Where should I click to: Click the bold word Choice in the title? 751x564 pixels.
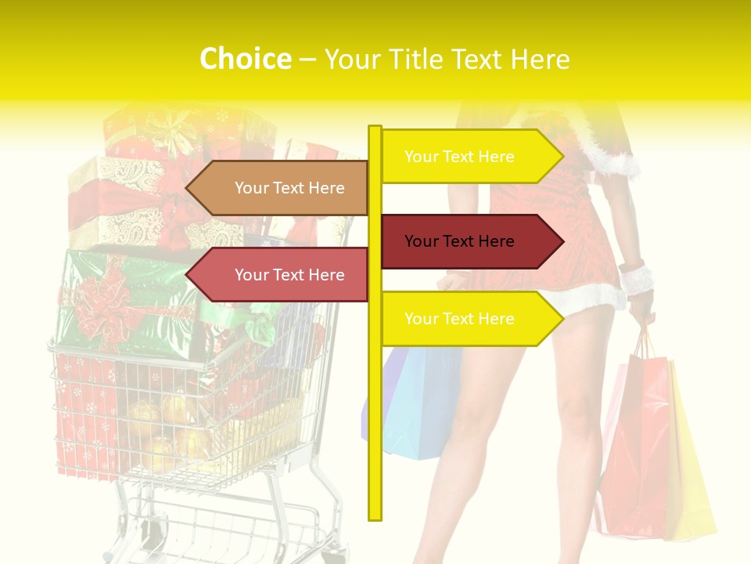(x=245, y=59)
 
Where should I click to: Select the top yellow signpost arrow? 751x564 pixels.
(x=469, y=157)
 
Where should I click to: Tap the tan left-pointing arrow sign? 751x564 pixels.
(x=278, y=188)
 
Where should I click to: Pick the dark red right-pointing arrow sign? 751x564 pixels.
(x=469, y=241)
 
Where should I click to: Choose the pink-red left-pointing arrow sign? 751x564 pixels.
(x=278, y=275)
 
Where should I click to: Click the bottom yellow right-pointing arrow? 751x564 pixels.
(x=469, y=319)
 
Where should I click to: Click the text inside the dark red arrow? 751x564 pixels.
(x=459, y=241)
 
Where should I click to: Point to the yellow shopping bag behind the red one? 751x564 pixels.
(x=692, y=470)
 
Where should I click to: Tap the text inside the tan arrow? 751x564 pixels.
(x=289, y=188)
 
